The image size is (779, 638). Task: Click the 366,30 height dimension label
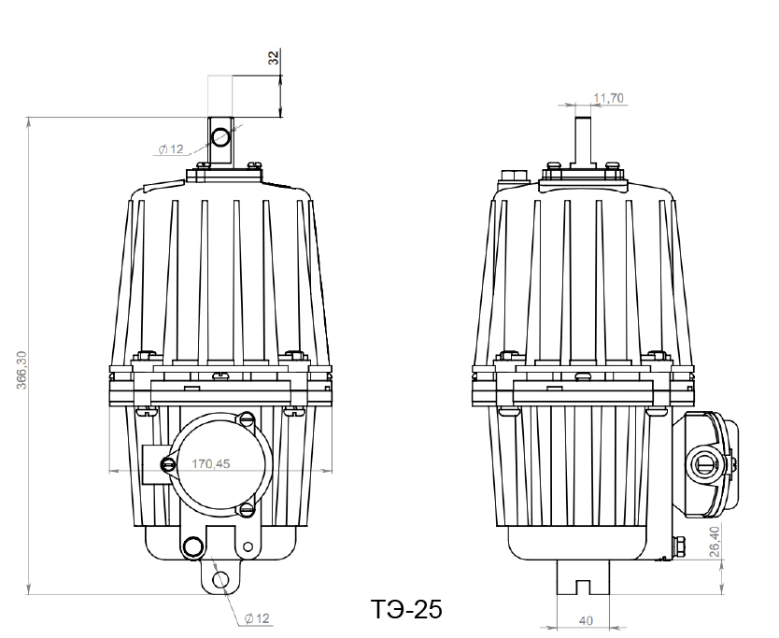21,370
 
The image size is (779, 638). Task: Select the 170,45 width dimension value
211,463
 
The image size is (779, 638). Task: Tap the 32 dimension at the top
274,58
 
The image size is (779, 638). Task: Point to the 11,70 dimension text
609,98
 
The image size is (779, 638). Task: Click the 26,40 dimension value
715,542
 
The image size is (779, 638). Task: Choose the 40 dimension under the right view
587,620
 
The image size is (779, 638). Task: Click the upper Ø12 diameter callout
171,149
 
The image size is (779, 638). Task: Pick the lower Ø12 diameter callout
258,618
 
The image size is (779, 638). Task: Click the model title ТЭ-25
406,609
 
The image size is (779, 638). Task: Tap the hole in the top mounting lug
220,136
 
